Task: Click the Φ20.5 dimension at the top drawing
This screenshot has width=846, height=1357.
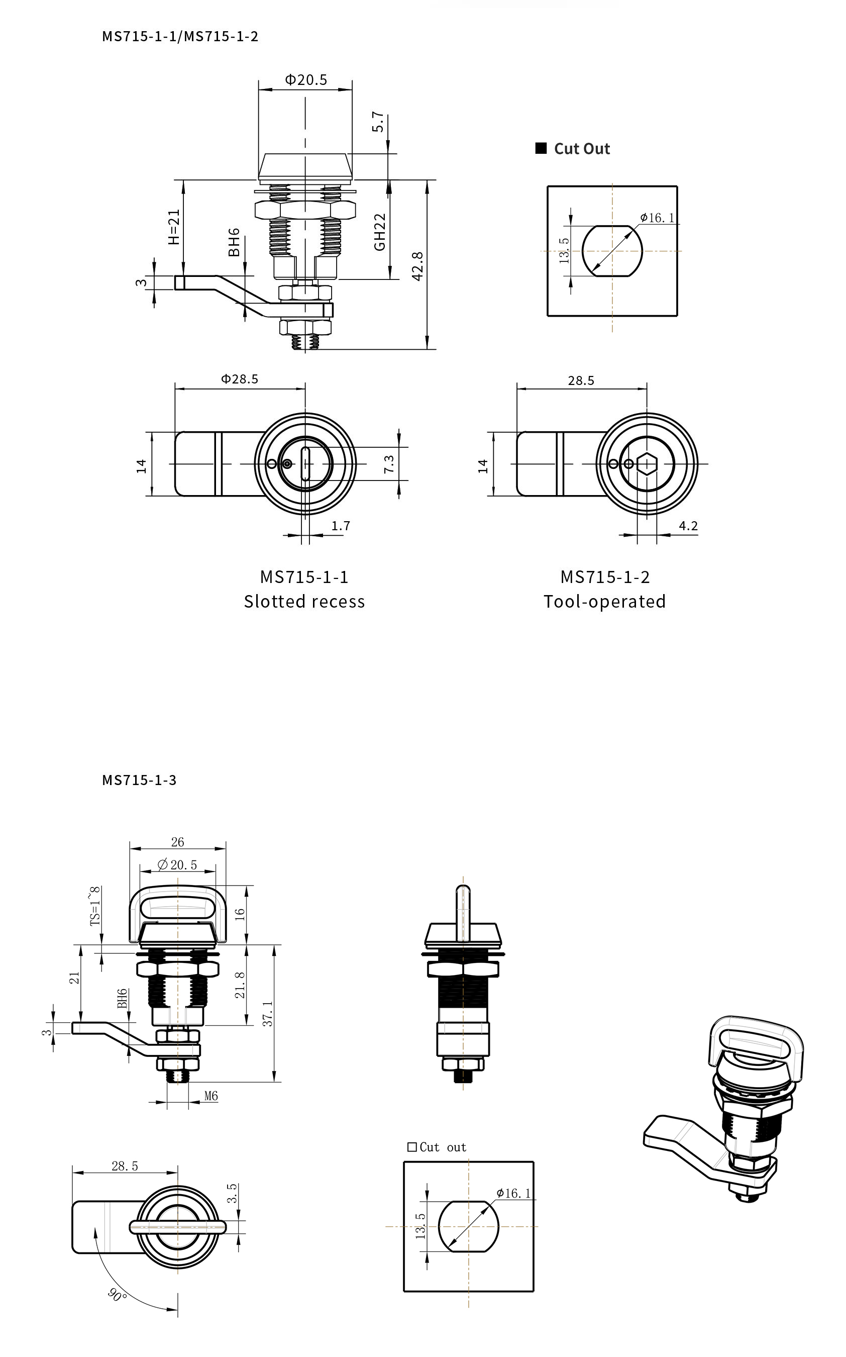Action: (305, 79)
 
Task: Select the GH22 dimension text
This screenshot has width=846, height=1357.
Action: (380, 232)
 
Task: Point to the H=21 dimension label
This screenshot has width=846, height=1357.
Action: (174, 227)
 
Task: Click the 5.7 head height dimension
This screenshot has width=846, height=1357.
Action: (378, 122)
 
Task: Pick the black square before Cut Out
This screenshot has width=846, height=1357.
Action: (541, 148)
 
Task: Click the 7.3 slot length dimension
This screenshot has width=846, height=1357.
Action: (389, 464)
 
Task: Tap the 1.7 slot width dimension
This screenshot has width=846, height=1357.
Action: (340, 525)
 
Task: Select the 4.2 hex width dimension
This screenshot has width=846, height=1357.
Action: (688, 525)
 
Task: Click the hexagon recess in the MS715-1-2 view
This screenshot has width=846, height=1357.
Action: (647, 464)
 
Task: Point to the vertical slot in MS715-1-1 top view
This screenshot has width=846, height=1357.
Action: (305, 464)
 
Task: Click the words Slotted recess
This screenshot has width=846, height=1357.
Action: (304, 602)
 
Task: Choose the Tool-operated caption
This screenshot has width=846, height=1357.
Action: (604, 602)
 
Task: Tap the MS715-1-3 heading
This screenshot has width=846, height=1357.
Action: (139, 780)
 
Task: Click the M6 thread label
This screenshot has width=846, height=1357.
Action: (211, 1096)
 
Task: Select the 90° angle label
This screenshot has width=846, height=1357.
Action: (117, 1295)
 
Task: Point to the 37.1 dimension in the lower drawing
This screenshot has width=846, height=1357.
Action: (268, 1014)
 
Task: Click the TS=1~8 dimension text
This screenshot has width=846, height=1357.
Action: (95, 905)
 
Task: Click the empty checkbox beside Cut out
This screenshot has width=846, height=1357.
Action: (412, 1147)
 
